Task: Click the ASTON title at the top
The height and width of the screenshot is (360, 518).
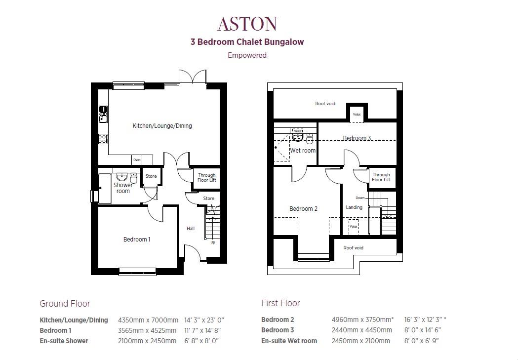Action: (x=247, y=24)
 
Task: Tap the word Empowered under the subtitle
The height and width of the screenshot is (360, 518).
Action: (x=247, y=55)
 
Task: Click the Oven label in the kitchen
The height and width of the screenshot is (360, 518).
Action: (x=137, y=160)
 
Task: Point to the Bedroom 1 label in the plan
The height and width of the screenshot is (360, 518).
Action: (x=137, y=240)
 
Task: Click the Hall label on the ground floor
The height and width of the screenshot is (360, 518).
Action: (x=191, y=229)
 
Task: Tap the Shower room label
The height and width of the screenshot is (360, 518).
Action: (x=123, y=188)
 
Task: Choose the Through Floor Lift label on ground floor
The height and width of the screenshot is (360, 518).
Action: (x=207, y=177)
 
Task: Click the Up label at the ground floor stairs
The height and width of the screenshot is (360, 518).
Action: (x=213, y=242)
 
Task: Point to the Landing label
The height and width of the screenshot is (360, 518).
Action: (x=354, y=207)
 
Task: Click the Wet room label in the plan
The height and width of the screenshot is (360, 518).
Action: (x=303, y=151)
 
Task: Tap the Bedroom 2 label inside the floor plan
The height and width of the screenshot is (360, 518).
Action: (x=303, y=209)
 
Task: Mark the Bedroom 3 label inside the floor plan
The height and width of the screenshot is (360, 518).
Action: (x=357, y=138)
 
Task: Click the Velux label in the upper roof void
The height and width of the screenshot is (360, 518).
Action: (x=357, y=114)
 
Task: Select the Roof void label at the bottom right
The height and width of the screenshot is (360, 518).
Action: (x=353, y=248)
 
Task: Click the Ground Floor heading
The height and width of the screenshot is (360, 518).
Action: (x=65, y=303)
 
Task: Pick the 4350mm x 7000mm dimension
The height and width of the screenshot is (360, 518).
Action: (x=148, y=320)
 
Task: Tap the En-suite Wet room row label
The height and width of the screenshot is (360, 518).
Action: (x=289, y=341)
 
